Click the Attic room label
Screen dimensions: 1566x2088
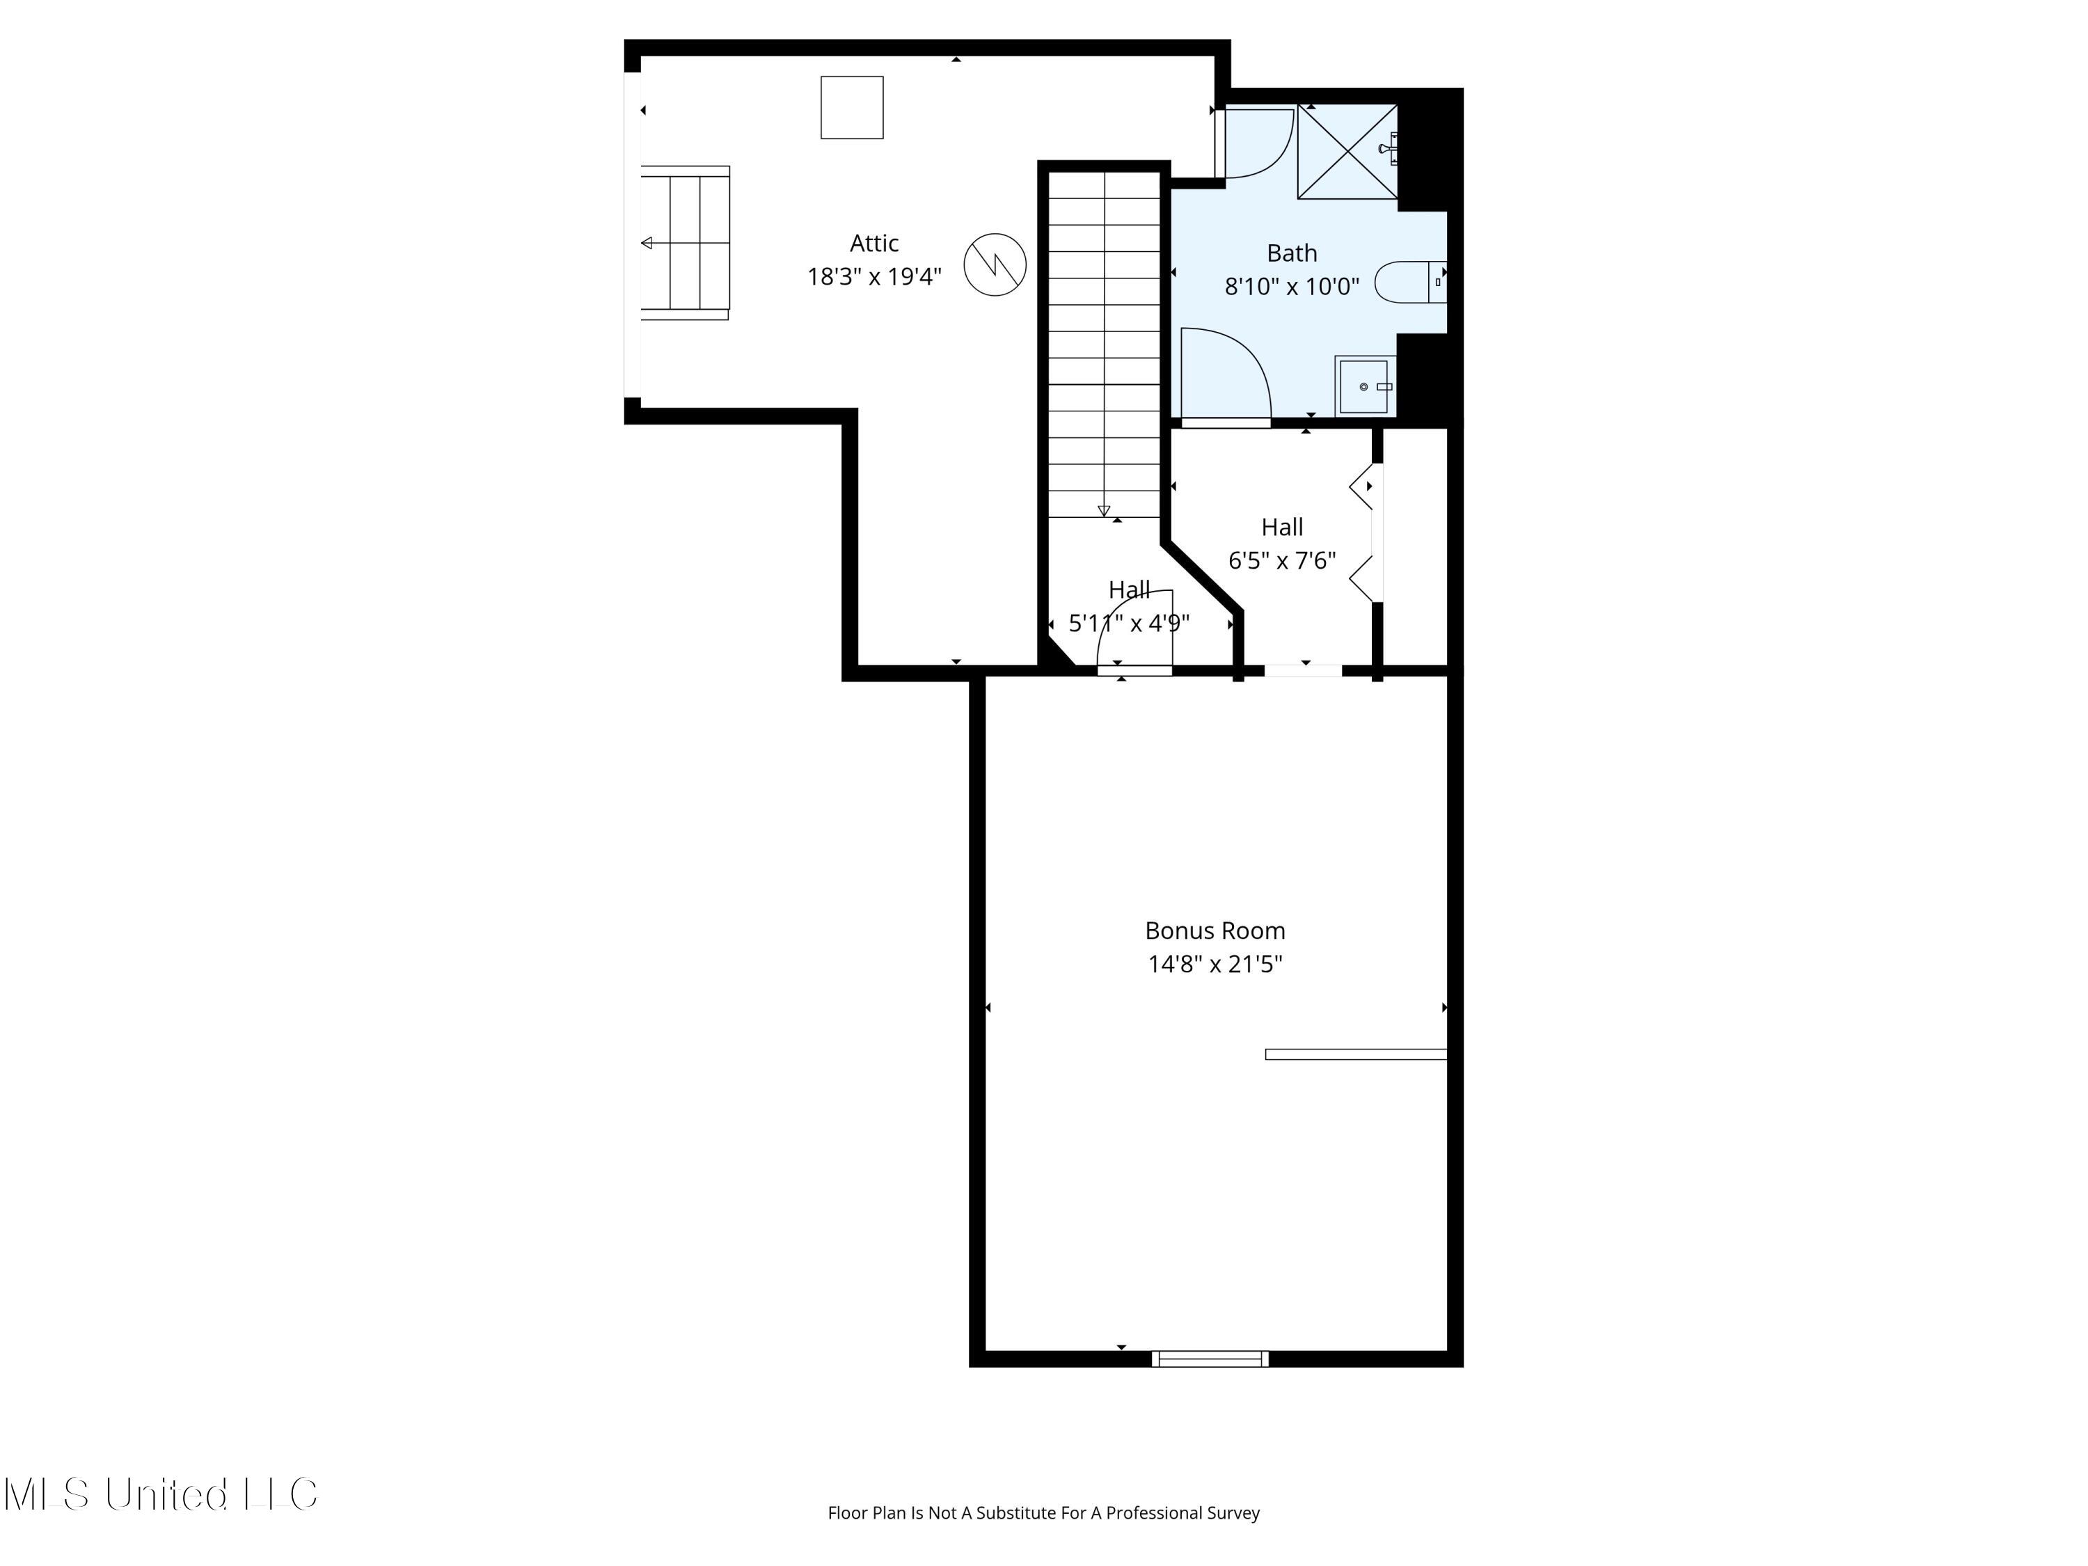[x=873, y=244]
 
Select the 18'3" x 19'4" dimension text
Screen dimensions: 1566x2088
[x=873, y=276]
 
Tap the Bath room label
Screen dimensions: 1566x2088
[x=1291, y=253]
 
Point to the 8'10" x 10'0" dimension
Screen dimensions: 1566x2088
[x=1291, y=286]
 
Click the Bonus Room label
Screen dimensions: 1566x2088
[x=1214, y=931]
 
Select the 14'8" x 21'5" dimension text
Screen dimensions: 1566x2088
[x=1214, y=964]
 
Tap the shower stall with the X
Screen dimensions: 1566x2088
[x=1347, y=152]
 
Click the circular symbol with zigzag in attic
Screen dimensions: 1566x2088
[x=994, y=264]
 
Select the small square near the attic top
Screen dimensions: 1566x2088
[x=851, y=108]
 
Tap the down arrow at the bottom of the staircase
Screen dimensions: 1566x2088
[x=1103, y=511]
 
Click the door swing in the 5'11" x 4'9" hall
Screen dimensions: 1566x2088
[x=1137, y=628]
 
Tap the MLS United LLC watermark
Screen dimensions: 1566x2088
[x=161, y=1494]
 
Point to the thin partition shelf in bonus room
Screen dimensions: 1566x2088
[x=1356, y=1054]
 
